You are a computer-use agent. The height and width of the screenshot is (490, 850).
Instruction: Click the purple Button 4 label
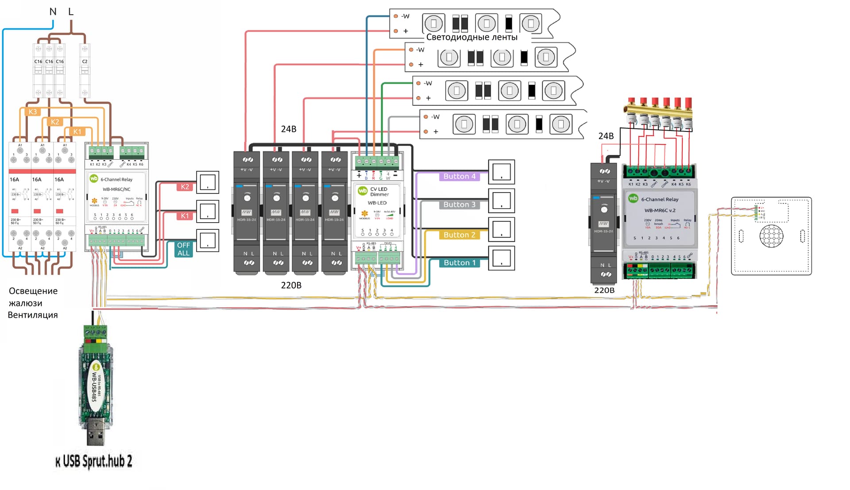click(x=460, y=176)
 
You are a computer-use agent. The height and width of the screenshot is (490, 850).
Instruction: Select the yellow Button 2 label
click(x=460, y=235)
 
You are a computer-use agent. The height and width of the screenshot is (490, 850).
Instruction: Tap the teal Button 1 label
click(x=460, y=262)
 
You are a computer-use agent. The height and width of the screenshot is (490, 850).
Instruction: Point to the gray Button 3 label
click(x=460, y=204)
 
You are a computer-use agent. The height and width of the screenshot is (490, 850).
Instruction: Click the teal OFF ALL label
click(x=183, y=249)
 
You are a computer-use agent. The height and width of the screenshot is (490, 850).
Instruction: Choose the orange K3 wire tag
click(x=33, y=112)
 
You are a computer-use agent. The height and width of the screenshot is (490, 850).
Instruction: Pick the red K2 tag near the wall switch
click(x=185, y=187)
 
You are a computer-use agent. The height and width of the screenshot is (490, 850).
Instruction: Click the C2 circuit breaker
click(x=85, y=70)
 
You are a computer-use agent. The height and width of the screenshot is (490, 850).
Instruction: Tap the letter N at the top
click(x=53, y=12)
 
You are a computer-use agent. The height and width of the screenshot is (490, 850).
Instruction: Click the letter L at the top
click(x=71, y=12)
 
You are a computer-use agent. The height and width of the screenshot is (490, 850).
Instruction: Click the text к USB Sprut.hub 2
click(x=94, y=461)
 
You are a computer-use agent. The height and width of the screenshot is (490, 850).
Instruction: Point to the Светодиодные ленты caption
click(x=472, y=37)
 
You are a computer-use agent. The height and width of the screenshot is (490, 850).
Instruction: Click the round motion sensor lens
click(x=771, y=236)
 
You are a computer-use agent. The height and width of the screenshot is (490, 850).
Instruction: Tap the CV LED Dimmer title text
click(x=379, y=192)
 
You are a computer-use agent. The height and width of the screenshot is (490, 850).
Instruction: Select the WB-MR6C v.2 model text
click(x=660, y=210)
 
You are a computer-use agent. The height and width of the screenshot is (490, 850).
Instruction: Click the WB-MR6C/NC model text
click(x=116, y=189)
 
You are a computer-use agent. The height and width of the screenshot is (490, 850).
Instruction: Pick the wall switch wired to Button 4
click(x=501, y=172)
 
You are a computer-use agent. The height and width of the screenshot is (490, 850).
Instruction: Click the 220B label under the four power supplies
click(x=291, y=285)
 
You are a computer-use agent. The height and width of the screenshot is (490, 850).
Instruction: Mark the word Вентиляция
click(x=33, y=315)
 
